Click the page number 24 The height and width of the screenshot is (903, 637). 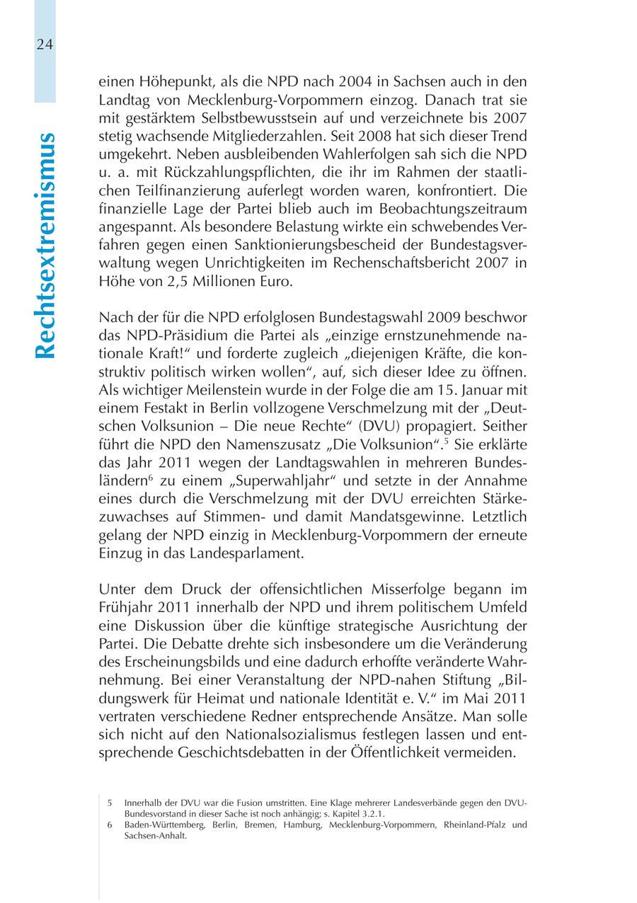coord(44,44)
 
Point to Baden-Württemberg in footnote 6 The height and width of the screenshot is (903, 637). coord(156,825)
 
